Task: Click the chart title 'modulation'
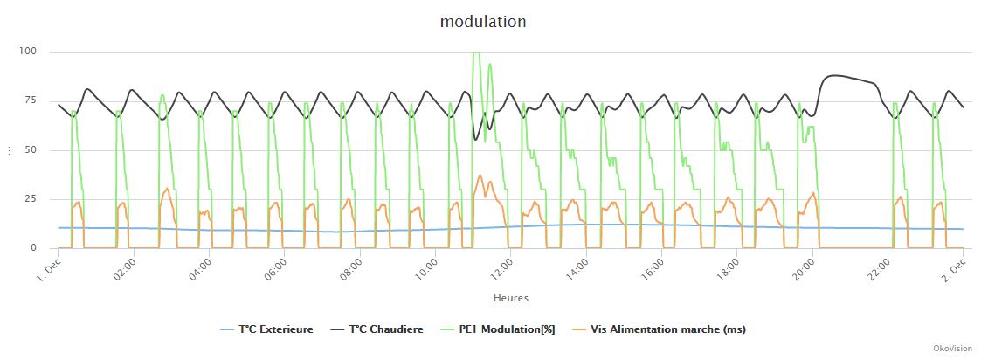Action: coord(483,22)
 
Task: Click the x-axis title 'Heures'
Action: coord(510,298)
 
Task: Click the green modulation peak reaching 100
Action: coord(475,54)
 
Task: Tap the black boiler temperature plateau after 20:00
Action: coord(839,76)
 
